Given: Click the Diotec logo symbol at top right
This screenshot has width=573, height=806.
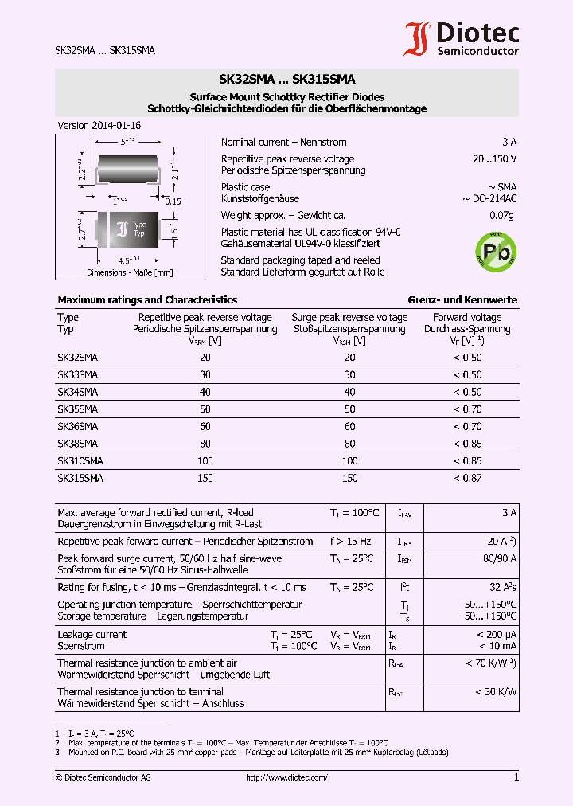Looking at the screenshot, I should point(419,40).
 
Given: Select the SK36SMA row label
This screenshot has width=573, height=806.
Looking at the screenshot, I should point(77,426).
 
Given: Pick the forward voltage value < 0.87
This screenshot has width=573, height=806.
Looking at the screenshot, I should point(467,479).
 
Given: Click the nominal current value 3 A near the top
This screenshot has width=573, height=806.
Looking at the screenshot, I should point(509,143).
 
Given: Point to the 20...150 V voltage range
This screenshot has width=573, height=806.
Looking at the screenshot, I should point(494,159).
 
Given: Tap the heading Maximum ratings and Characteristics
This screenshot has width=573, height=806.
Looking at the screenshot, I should point(147,300).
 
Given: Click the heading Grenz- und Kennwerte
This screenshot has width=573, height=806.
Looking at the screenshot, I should point(462,300).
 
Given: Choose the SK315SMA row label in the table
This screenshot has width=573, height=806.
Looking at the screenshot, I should point(80,479).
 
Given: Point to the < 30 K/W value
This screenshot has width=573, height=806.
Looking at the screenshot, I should point(496,692).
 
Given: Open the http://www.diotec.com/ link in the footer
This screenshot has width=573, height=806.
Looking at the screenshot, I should point(286,777).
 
